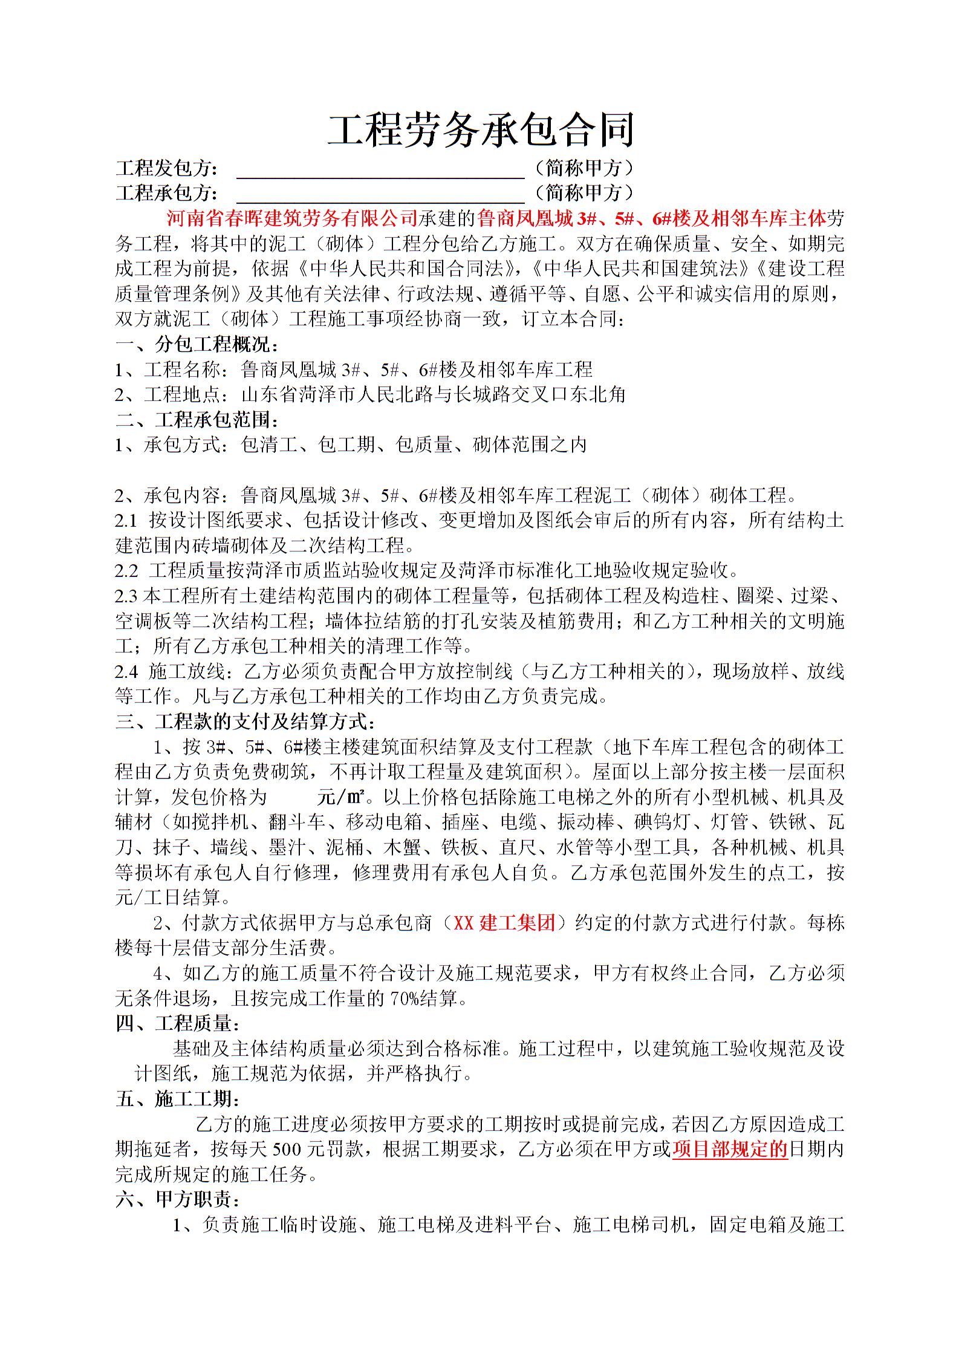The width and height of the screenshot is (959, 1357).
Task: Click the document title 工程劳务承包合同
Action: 480,129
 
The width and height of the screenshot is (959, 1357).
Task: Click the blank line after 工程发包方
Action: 380,169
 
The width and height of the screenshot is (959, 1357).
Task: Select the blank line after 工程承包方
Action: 380,194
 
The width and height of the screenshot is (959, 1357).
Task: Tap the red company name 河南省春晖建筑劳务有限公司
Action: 292,218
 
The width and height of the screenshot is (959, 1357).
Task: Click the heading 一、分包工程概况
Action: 198,345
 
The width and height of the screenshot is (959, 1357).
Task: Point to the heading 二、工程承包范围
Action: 198,420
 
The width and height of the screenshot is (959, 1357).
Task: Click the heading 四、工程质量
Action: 178,1024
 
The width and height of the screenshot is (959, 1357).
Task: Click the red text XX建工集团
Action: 504,923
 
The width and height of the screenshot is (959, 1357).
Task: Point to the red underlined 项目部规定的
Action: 729,1150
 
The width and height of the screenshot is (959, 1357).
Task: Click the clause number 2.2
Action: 126,571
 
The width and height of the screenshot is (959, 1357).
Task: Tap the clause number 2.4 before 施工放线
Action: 126,671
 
